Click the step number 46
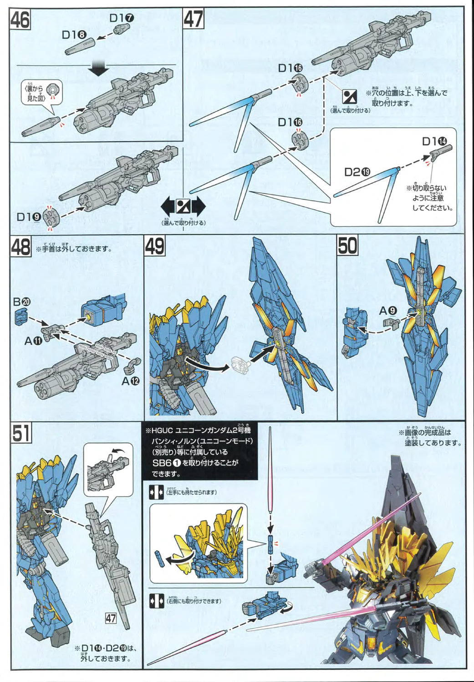pyautogui.click(x=20, y=20)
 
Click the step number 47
pyautogui.click(x=194, y=20)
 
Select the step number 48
pyautogui.click(x=21, y=247)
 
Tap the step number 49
pyautogui.click(x=155, y=246)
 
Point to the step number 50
pyautogui.click(x=347, y=246)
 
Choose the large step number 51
pyautogui.click(x=21, y=432)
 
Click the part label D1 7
pyautogui.click(x=122, y=18)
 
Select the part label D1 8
pyautogui.click(x=74, y=35)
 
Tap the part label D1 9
pyautogui.click(x=29, y=217)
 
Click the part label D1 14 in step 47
pyautogui.click(x=434, y=141)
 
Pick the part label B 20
pyautogui.click(x=21, y=301)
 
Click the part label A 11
pyautogui.click(x=33, y=340)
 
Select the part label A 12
pyautogui.click(x=130, y=381)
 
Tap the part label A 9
pyautogui.click(x=388, y=311)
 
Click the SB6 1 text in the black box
pyautogui.click(x=167, y=463)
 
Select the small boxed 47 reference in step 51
pyautogui.click(x=111, y=618)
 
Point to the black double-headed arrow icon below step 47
pyautogui.click(x=183, y=207)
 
